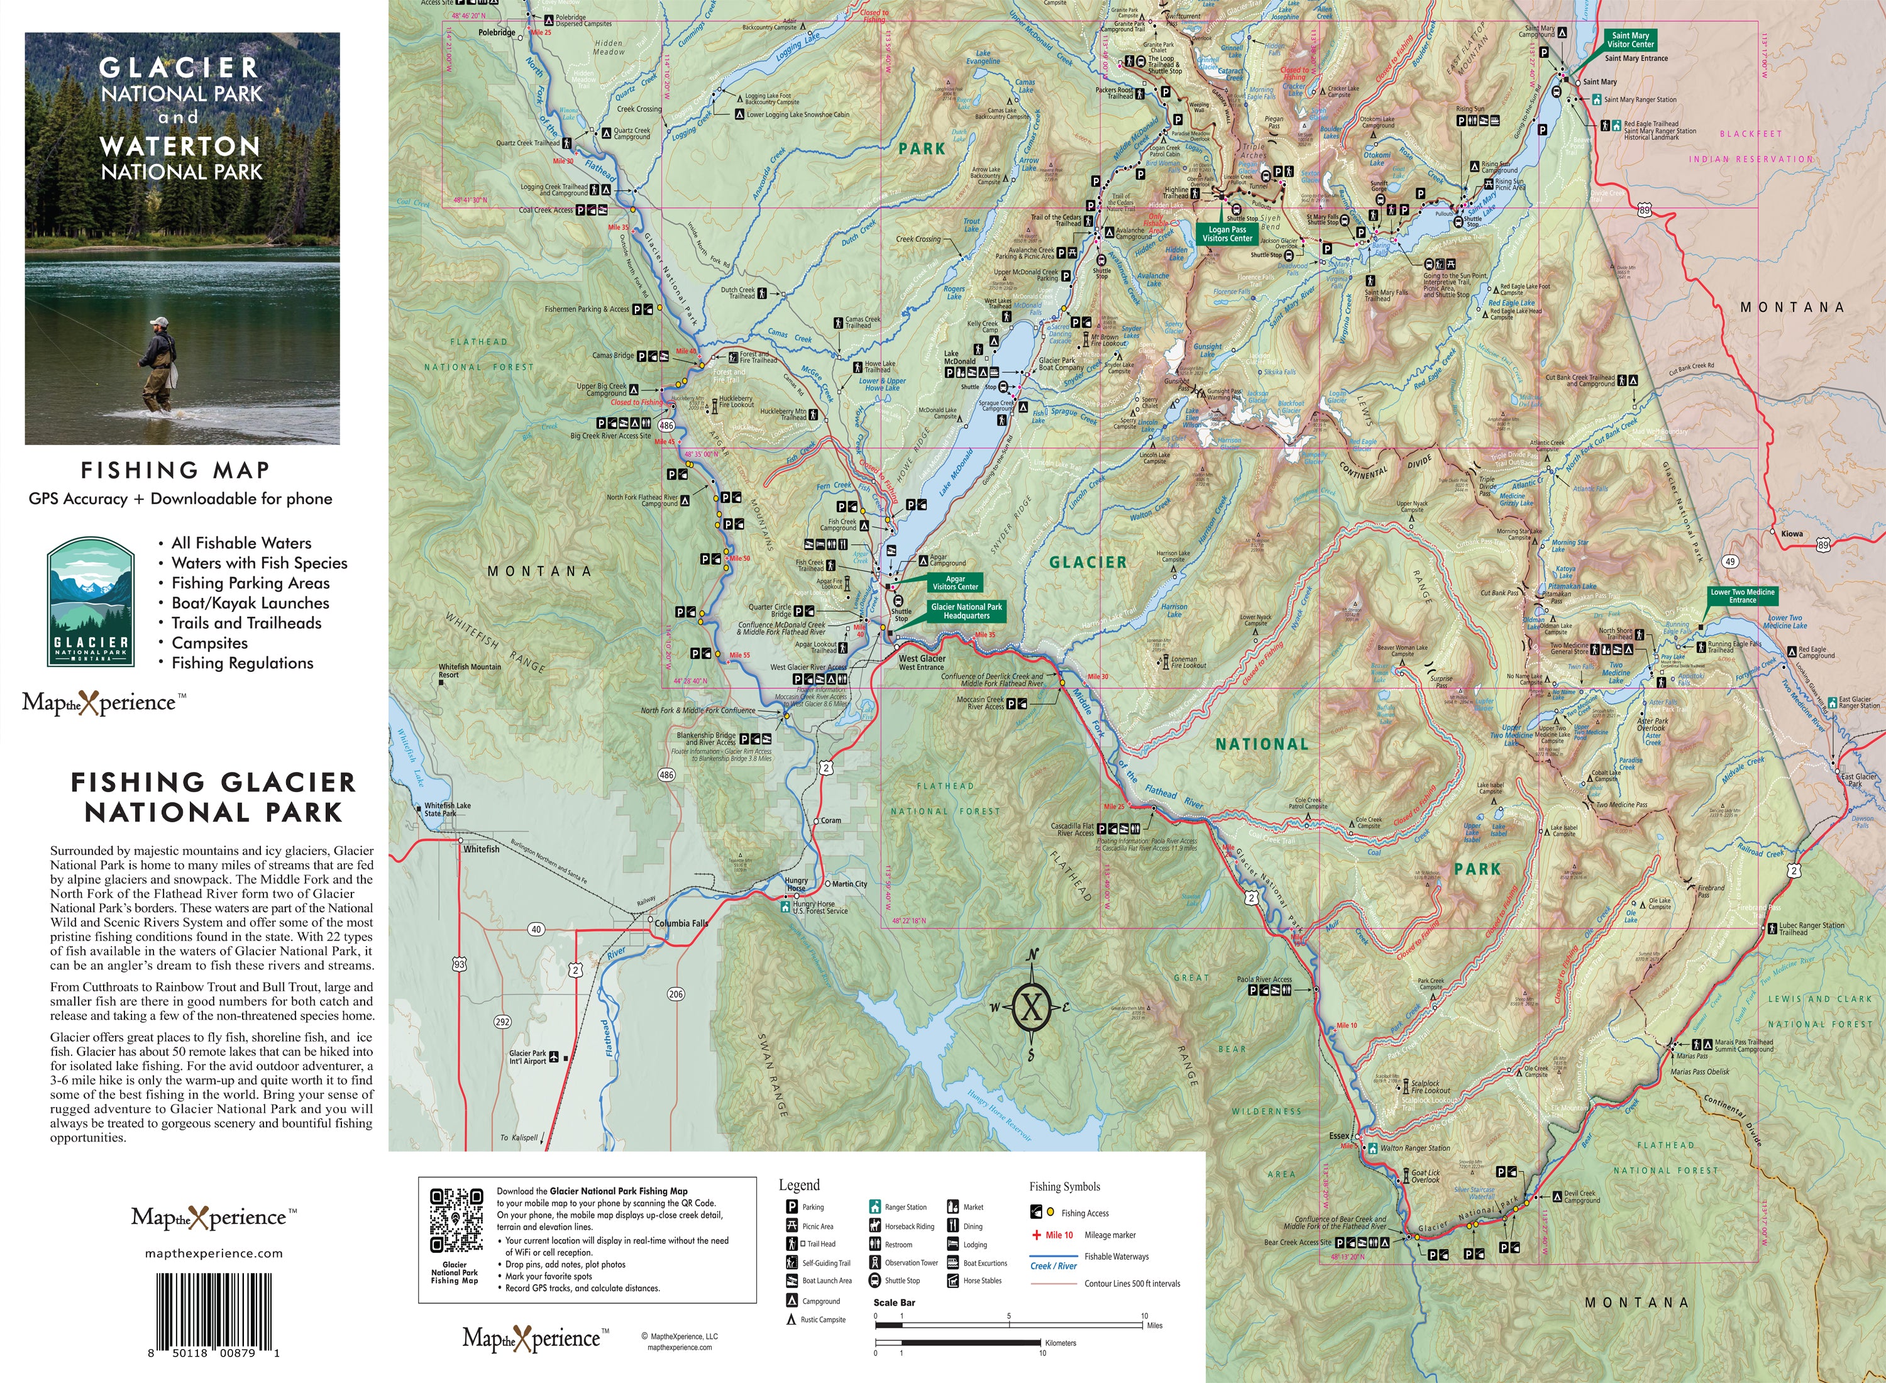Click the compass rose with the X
1031,1006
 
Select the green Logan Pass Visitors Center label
1227,234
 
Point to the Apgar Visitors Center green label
955,583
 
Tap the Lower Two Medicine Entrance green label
1741,595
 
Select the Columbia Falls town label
681,923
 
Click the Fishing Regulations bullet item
242,663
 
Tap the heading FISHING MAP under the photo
175,470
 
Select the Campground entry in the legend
820,1301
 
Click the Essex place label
1339,1136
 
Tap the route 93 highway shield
460,964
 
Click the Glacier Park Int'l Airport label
527,1057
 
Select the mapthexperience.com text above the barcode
214,1254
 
